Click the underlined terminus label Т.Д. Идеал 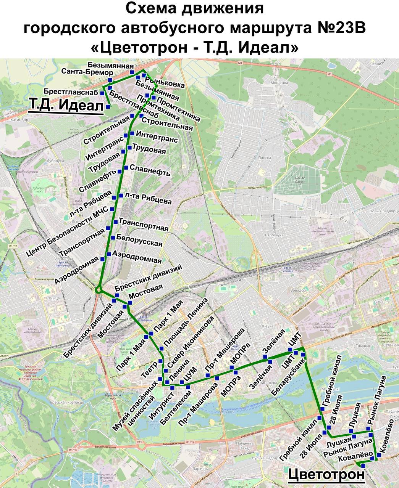click(x=66, y=106)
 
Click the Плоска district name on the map click(x=264, y=157)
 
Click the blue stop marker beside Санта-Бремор click(x=110, y=80)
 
